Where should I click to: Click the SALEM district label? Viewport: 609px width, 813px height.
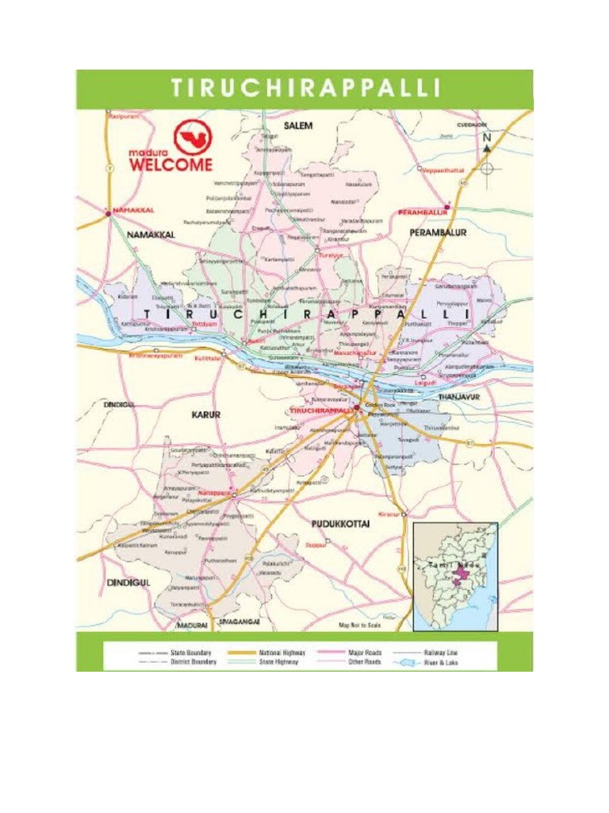coord(298,125)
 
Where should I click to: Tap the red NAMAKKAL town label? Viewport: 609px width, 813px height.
coord(132,210)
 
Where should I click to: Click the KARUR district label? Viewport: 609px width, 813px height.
coord(205,414)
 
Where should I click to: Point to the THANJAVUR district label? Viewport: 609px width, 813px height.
coord(460,396)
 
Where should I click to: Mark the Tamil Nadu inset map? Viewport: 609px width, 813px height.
coord(455,575)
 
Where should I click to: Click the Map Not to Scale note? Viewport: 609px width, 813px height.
coord(360,626)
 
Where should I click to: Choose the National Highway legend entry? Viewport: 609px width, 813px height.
coord(282,653)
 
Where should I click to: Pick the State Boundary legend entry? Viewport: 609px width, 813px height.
coord(191,653)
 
